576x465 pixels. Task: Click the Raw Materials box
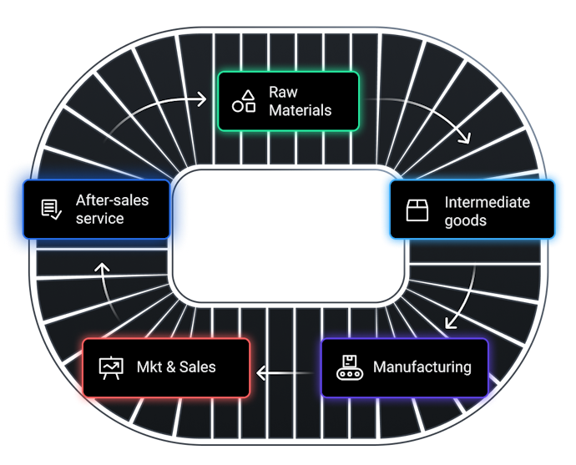(x=288, y=101)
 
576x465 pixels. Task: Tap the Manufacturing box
(x=405, y=367)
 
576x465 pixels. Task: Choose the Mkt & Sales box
(x=166, y=367)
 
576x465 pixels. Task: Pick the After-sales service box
(x=97, y=210)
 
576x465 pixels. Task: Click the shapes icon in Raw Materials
(x=244, y=102)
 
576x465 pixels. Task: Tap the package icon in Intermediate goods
(x=417, y=210)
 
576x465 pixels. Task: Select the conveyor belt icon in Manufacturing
(x=347, y=367)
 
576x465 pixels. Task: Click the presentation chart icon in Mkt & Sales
(x=110, y=367)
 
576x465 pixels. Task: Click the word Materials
(x=300, y=110)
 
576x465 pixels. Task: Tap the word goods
(x=465, y=220)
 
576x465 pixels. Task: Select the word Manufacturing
(x=422, y=367)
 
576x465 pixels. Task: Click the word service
(x=99, y=219)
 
